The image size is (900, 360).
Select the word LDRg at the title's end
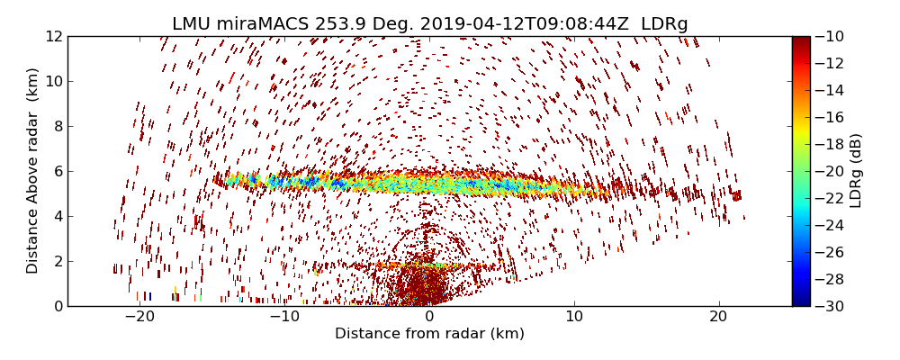[664, 24]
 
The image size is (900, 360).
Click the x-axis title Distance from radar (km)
[429, 334]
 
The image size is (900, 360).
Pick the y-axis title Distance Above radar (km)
[33, 171]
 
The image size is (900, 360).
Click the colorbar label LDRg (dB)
[856, 171]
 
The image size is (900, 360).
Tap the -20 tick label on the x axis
[139, 317]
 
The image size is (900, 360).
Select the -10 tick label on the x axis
[284, 317]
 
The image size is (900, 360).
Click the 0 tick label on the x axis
[429, 317]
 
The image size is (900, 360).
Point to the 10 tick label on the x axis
[574, 317]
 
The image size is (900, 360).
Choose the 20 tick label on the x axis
[718, 317]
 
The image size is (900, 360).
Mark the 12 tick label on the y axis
[53, 37]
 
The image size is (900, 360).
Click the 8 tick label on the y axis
[57, 127]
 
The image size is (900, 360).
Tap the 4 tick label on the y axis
[57, 216]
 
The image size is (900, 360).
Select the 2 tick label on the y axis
[57, 261]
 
